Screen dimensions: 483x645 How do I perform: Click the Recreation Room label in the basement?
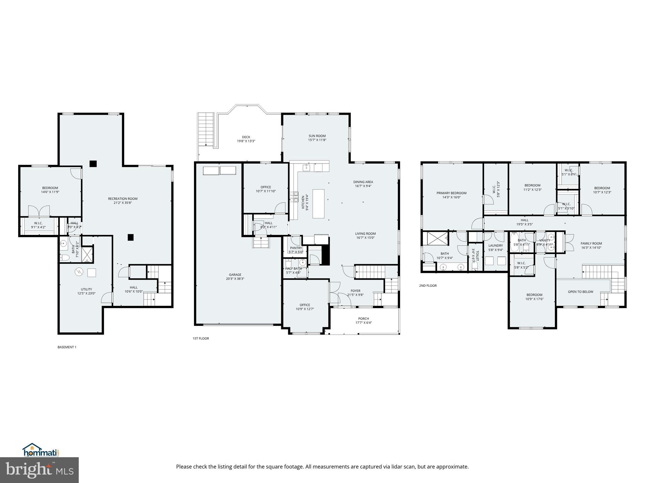click(123, 199)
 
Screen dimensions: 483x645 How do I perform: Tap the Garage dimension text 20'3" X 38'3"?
click(235, 279)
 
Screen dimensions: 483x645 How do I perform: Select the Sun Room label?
click(317, 136)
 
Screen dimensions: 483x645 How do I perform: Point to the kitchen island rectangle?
click(318, 203)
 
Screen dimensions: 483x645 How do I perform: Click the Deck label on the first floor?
click(246, 137)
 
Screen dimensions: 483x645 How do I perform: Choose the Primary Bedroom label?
click(451, 193)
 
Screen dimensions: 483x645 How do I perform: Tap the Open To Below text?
click(580, 292)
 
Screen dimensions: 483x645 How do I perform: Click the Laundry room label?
click(495, 246)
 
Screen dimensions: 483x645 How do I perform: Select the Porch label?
click(363, 319)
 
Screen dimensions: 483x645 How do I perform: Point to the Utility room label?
click(86, 289)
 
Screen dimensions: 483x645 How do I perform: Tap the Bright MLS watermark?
click(39, 470)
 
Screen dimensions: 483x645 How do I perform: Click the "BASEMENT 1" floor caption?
click(67, 347)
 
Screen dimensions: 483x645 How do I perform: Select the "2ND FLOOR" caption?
click(428, 286)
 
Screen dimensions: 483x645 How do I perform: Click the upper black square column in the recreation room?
click(93, 164)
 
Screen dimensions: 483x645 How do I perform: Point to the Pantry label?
click(296, 248)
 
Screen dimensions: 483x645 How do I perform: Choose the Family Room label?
click(591, 243)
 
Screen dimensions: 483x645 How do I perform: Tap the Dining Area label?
click(363, 182)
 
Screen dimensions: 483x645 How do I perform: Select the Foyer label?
click(355, 291)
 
